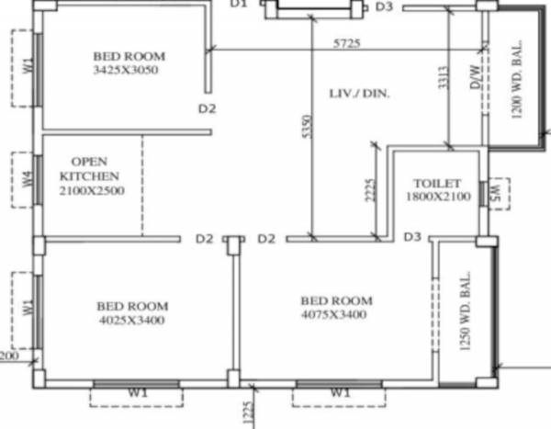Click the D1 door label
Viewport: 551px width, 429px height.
(240, 5)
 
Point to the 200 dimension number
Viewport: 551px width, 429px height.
(8, 355)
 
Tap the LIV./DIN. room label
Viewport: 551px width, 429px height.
(359, 93)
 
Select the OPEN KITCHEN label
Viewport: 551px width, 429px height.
(89, 168)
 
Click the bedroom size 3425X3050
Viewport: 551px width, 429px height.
(128, 70)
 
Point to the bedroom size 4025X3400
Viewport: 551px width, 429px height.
(132, 321)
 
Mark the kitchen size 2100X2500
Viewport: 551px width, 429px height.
(90, 191)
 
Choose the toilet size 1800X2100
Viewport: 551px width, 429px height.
(437, 197)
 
